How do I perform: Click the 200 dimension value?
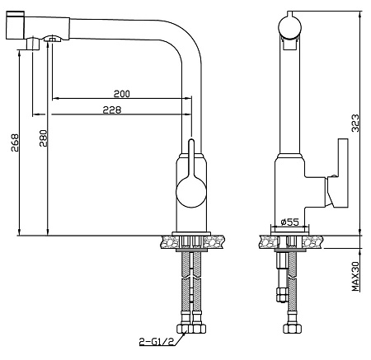[x=122, y=94]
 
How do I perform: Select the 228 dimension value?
[x=112, y=110]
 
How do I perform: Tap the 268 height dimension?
[x=15, y=143]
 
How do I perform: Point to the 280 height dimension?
[x=44, y=138]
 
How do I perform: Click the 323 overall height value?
[x=355, y=123]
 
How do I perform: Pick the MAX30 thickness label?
[x=355, y=276]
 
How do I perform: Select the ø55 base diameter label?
[x=290, y=222]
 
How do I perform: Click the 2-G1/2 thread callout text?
[x=157, y=342]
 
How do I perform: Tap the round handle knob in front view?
[x=191, y=192]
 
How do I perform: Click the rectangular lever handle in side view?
[x=343, y=173]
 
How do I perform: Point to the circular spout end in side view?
[x=290, y=27]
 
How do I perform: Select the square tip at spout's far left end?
[x=15, y=25]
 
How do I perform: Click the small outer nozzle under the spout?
[x=32, y=44]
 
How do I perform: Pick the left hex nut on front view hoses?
[x=183, y=329]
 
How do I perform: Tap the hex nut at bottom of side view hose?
[x=292, y=329]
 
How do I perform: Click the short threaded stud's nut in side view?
[x=281, y=294]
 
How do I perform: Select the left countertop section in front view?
[x=169, y=242]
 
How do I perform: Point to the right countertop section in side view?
[x=313, y=242]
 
